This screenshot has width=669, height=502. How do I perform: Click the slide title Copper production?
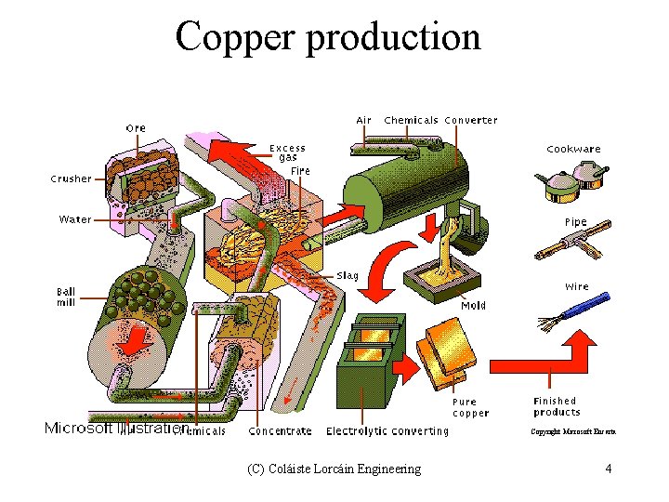tap(328, 37)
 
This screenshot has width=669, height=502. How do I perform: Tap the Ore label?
tap(136, 127)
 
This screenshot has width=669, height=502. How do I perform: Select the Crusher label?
tap(71, 178)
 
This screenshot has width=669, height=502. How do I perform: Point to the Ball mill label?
tap(66, 297)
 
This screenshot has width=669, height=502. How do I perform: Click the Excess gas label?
tap(287, 152)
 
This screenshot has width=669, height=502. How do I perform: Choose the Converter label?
tap(471, 120)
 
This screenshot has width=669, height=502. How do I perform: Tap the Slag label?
tap(348, 276)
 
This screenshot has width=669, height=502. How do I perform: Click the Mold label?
tap(473, 305)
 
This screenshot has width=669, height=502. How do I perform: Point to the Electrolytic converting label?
tap(387, 431)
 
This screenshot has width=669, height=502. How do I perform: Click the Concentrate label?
tap(281, 431)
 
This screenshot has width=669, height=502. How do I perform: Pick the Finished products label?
tap(557, 406)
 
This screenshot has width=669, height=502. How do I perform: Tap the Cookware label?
tap(573, 149)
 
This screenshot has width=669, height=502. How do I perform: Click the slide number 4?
tap(608, 469)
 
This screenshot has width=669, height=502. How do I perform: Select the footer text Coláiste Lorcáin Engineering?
tap(334, 469)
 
